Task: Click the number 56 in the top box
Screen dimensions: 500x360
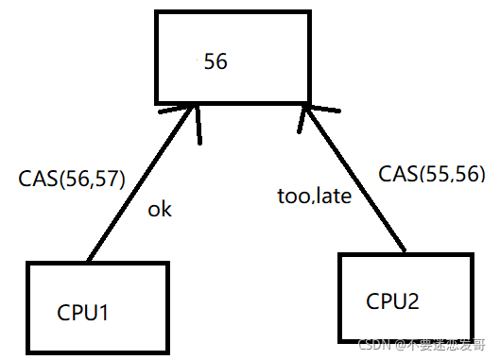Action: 216,61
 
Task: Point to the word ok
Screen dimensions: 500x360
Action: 160,210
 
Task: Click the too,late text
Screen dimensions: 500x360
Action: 315,196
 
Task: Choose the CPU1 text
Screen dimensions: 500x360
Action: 82,312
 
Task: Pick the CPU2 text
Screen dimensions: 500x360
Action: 392,301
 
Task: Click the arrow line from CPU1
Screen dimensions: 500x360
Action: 140,184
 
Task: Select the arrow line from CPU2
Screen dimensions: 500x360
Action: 355,179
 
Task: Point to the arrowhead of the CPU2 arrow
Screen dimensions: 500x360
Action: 306,108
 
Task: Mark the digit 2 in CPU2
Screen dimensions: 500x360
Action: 413,300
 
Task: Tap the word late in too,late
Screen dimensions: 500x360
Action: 335,195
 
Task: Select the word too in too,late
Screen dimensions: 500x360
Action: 293,196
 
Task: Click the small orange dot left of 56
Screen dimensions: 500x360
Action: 197,60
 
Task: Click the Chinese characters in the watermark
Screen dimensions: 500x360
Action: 447,345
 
